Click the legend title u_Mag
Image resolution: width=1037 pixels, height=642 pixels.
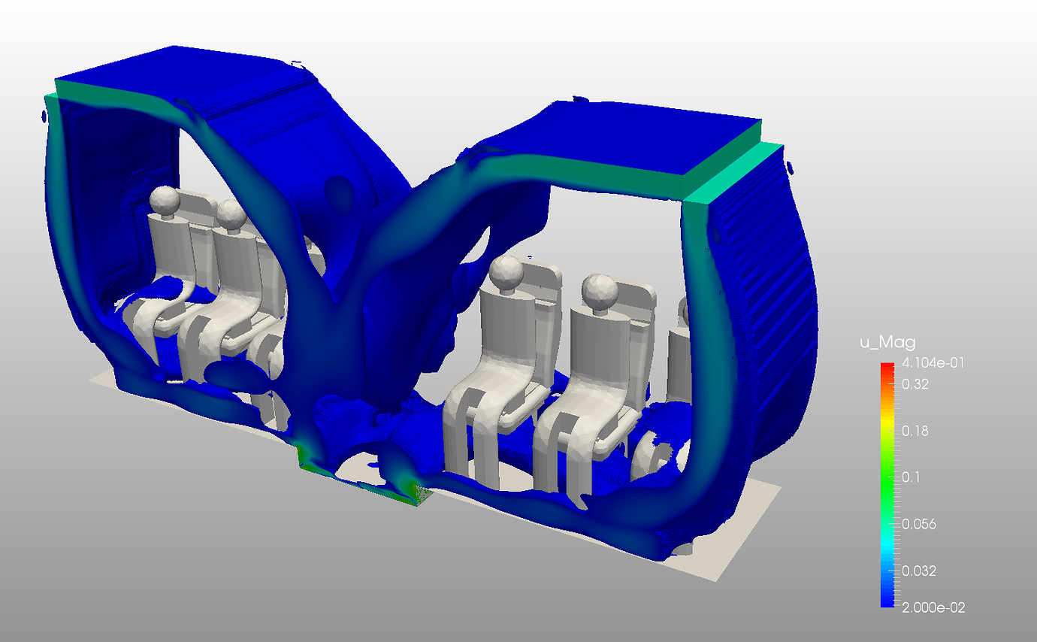click(887, 343)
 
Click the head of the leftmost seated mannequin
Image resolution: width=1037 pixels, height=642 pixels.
click(165, 201)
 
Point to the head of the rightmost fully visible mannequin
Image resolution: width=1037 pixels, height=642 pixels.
click(599, 289)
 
